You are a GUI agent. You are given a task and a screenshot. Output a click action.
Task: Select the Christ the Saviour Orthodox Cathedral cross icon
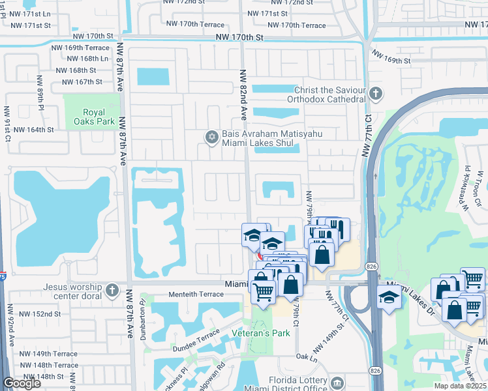[x=375, y=94]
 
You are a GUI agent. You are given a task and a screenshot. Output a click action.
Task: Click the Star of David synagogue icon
[x=211, y=136]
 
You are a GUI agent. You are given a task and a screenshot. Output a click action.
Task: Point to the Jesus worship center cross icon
[x=113, y=289]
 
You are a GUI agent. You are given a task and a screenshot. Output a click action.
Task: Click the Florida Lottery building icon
[x=337, y=382]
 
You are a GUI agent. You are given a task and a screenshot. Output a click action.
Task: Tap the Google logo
[x=22, y=383]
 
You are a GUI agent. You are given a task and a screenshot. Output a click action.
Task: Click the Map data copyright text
[x=460, y=386]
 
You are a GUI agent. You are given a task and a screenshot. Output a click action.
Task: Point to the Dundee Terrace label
[x=195, y=336]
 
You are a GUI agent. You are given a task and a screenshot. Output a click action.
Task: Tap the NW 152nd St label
[x=40, y=313]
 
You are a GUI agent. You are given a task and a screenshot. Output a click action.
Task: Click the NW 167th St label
[x=82, y=82]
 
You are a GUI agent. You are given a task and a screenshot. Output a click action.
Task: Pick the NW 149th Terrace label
[x=48, y=354]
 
